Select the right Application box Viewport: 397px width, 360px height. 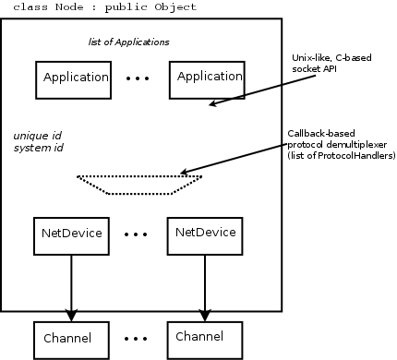pyautogui.click(x=210, y=78)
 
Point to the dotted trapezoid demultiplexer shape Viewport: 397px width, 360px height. pyautogui.click(x=138, y=185)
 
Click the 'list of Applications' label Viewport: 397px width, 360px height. pyautogui.click(x=123, y=42)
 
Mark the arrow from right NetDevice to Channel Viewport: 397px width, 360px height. pyautogui.click(x=204, y=286)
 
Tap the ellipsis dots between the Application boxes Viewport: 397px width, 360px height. pyautogui.click(x=138, y=79)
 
